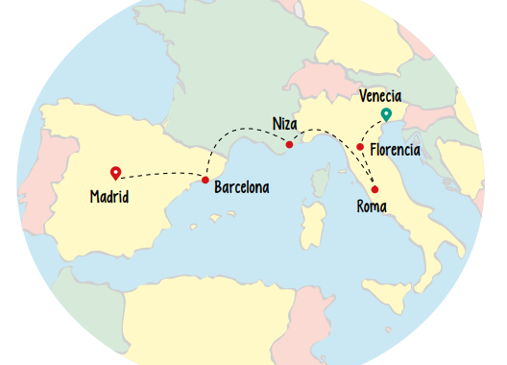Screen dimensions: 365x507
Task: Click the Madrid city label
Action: point(109,197)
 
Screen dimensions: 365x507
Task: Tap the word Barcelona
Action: point(241,186)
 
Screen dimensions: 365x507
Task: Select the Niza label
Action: point(283,124)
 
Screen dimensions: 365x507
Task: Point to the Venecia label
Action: point(379,96)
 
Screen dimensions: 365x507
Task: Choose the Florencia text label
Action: point(395,151)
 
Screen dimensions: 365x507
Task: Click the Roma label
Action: point(371,207)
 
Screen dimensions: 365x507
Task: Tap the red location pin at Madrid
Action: point(115,173)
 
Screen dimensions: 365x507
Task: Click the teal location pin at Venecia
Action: point(386,115)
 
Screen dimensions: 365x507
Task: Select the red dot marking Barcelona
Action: point(205,180)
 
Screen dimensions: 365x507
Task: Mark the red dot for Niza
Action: point(289,145)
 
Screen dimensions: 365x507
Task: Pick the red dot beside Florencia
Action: point(360,147)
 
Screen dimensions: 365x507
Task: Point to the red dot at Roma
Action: point(374,189)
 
